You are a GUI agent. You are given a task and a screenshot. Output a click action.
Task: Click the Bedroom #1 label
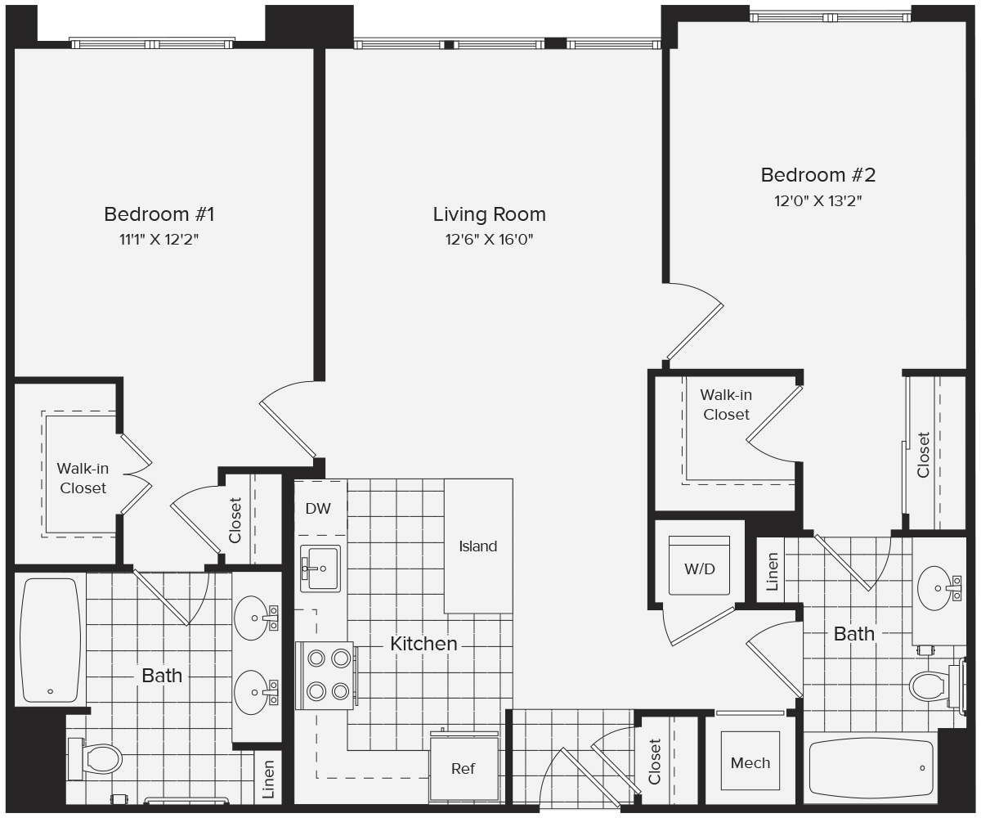coord(159,214)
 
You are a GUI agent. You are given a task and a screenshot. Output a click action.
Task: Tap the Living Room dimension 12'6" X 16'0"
coord(489,240)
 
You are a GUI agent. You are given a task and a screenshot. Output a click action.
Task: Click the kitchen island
coord(478,546)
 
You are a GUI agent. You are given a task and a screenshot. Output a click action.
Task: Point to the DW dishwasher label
coord(318,509)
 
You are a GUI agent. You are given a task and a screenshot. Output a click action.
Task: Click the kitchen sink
coord(320,568)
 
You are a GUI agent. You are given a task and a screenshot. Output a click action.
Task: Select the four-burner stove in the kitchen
coord(325,675)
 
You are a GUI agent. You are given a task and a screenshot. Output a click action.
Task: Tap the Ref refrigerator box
coord(464,769)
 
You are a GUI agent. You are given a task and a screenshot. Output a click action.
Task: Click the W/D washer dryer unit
coord(699,567)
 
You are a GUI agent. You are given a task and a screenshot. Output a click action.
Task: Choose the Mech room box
coord(750,762)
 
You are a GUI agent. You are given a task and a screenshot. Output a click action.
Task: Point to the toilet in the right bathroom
coord(932,685)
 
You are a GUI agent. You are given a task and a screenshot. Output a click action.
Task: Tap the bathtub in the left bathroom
coord(50,640)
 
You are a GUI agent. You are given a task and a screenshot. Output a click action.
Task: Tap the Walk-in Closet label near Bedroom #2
coord(726,405)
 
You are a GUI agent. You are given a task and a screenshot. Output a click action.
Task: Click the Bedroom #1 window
coord(151,43)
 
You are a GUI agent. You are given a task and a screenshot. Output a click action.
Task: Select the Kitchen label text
coord(423,644)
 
